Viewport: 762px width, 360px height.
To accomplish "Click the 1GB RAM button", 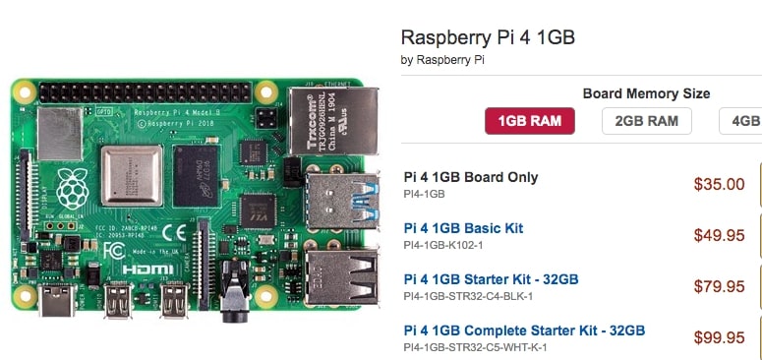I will click(x=529, y=121).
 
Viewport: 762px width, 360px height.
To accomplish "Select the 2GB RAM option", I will click(x=646, y=121).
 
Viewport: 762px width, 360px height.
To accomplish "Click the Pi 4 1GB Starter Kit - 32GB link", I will click(x=491, y=279).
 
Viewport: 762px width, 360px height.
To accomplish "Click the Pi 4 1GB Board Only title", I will click(x=471, y=177).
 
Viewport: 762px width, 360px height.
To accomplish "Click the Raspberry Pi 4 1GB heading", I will click(x=488, y=38).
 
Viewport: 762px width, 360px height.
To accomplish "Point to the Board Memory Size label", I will click(x=646, y=93).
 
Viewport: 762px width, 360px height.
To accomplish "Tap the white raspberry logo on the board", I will click(x=72, y=186).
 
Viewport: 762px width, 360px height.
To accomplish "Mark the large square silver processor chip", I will click(x=132, y=174).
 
